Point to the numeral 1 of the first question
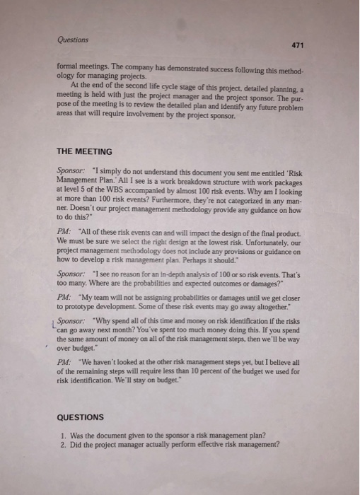63,434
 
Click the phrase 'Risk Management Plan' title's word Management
80,180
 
